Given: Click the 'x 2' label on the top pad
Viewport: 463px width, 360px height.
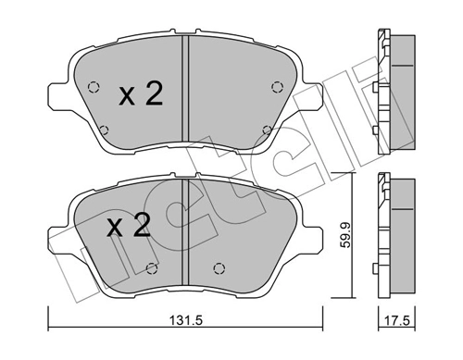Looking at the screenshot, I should click(141, 94).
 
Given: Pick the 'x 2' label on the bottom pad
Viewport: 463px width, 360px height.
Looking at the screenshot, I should click(128, 227).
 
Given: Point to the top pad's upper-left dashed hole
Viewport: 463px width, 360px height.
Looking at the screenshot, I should click(91, 89).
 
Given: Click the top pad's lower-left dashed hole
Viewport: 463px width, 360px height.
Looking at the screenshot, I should click(103, 130).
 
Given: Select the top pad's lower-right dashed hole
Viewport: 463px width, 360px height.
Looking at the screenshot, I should click(267, 130).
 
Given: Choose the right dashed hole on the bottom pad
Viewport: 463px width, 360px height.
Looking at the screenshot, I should click(219, 269).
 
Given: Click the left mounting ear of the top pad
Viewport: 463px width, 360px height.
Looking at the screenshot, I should click(55, 91).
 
